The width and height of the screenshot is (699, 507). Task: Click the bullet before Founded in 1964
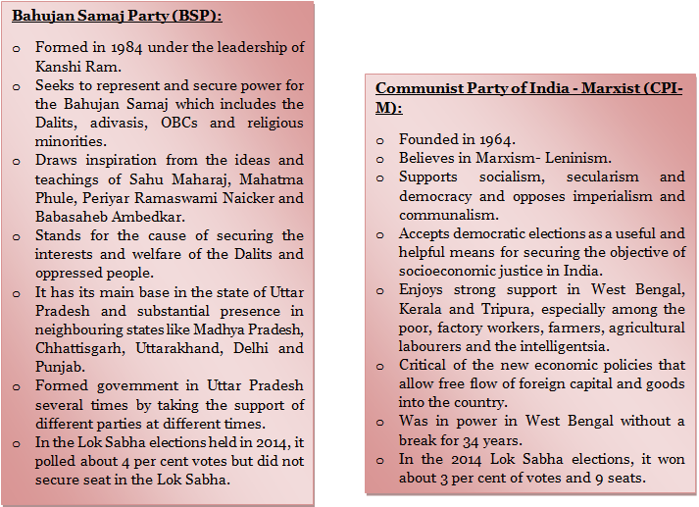pyautogui.click(x=379, y=140)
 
